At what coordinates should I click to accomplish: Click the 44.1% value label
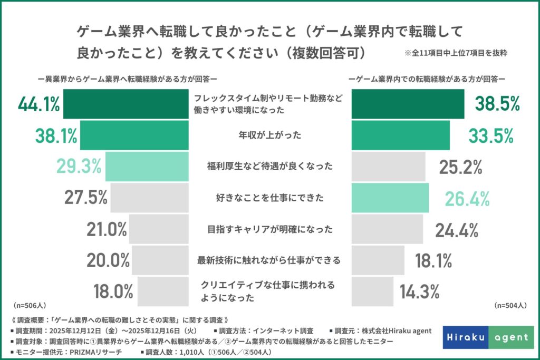[x=38, y=104]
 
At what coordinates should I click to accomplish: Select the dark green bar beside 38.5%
[x=408, y=104]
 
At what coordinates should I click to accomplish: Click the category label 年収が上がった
[x=270, y=135]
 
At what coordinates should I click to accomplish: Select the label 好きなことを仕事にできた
[x=270, y=198]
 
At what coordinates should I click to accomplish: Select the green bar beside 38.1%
[x=134, y=135]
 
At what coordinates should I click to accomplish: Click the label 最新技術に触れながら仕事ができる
[x=270, y=260]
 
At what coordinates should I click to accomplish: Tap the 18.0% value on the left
[x=113, y=291]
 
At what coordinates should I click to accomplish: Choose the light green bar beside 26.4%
[x=390, y=198]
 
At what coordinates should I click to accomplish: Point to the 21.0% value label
[x=107, y=229]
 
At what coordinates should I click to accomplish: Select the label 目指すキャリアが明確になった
[x=270, y=229]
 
